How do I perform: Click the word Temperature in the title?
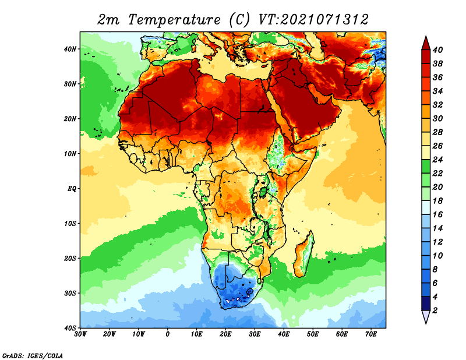[x=174, y=20]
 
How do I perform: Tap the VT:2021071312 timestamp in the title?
[x=314, y=20]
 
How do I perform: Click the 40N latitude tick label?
[x=70, y=49]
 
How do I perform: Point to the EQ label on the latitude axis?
[x=72, y=189]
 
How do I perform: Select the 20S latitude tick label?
[x=70, y=258]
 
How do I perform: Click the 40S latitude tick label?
[x=70, y=328]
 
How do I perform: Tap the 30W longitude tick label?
[x=80, y=334]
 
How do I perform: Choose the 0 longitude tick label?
[x=168, y=334]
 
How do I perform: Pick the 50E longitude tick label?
[x=313, y=334]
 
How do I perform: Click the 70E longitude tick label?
[x=371, y=334]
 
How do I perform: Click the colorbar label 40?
[x=437, y=50]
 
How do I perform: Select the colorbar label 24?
[x=437, y=160]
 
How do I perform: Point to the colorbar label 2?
[x=435, y=310]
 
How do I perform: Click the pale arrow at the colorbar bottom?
[x=426, y=316]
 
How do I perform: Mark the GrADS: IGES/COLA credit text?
[x=33, y=355]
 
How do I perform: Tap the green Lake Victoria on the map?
[x=263, y=192]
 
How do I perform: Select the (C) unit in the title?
[x=240, y=20]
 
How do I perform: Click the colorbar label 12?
[x=437, y=242]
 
